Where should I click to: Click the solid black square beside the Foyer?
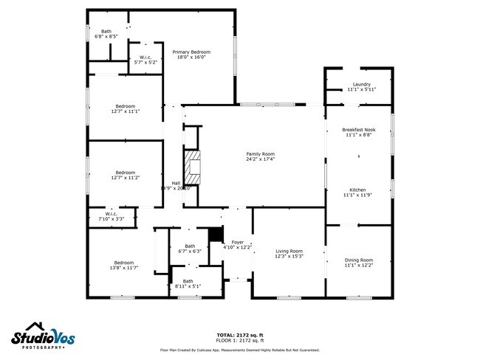[215, 234]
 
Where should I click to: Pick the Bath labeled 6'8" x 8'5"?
[106, 33]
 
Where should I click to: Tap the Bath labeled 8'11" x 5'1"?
[188, 283]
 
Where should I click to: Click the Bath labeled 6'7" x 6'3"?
[190, 249]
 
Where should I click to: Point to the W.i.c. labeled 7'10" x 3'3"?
[110, 216]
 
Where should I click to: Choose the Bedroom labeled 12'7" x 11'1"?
[124, 108]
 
